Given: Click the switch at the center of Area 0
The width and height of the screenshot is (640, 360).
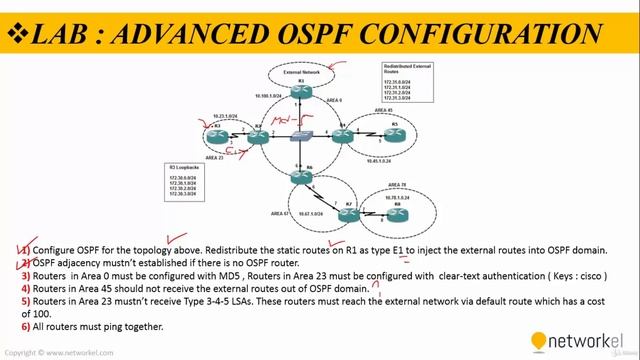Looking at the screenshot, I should click(x=299, y=134).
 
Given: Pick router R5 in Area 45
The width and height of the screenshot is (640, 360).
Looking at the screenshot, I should click(x=393, y=134).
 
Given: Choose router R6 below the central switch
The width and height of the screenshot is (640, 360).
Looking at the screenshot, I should click(x=297, y=177).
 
